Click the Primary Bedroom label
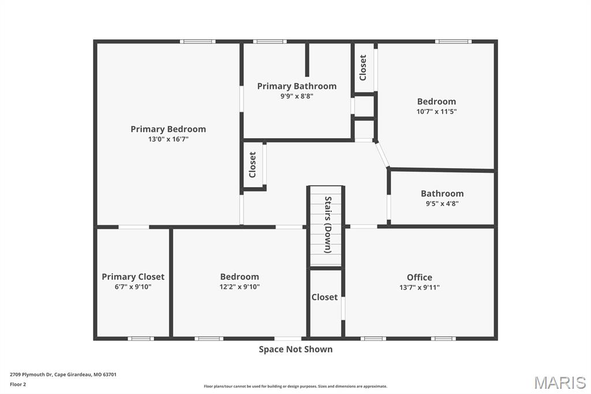pos(168,129)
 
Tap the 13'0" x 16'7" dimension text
pos(168,139)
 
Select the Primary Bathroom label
pos(297,86)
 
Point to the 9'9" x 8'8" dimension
pos(297,96)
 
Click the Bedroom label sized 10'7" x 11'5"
pos(436,101)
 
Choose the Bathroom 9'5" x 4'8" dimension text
pos(442,203)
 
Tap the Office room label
pos(419,277)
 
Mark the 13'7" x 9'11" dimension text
pos(419,287)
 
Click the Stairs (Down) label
pos(328,225)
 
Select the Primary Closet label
pos(133,277)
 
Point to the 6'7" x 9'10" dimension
pos(133,287)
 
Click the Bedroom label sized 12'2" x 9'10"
pos(240,277)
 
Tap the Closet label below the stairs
pos(324,297)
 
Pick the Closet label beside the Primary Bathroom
pos(363,67)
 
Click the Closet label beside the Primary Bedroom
pos(252,165)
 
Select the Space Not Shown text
pos(295,349)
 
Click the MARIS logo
pos(560,382)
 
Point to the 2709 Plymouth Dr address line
pos(63,374)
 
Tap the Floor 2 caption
pos(18,384)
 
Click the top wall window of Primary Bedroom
pos(197,42)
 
